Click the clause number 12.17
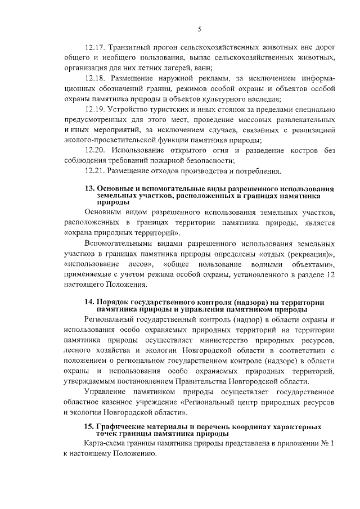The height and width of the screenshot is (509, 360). pos(94,47)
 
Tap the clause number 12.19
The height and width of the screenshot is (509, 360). pos(94,109)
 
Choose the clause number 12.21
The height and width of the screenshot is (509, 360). pos(94,171)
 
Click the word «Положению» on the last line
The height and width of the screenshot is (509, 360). pos(130,454)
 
